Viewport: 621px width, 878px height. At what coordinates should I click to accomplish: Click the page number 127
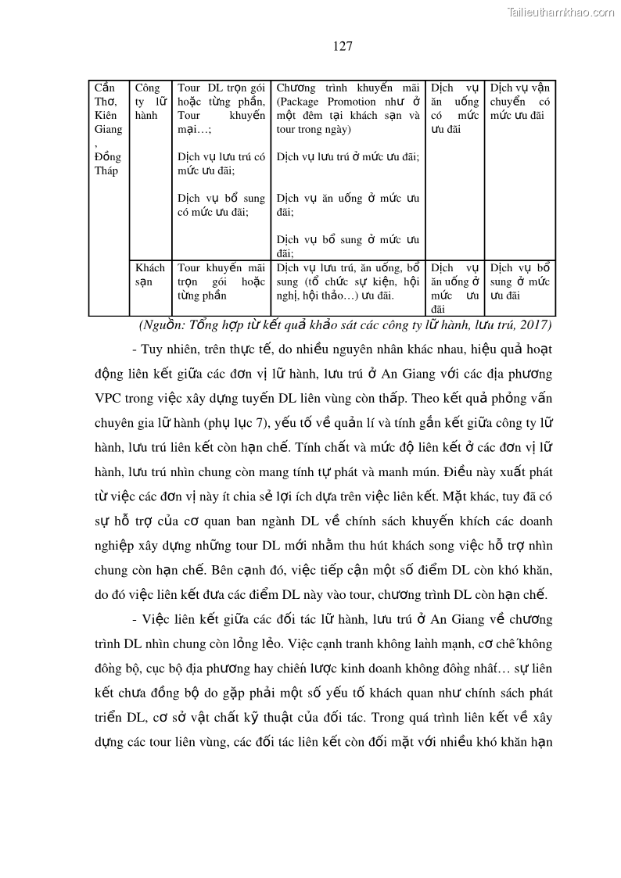click(x=343, y=46)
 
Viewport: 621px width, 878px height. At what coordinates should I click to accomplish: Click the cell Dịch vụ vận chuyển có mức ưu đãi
click(x=519, y=102)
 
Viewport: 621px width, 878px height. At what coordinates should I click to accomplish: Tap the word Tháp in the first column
click(x=106, y=171)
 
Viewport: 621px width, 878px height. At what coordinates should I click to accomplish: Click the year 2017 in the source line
click(x=535, y=324)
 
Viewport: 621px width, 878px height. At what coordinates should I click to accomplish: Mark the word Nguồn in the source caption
click(x=161, y=324)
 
